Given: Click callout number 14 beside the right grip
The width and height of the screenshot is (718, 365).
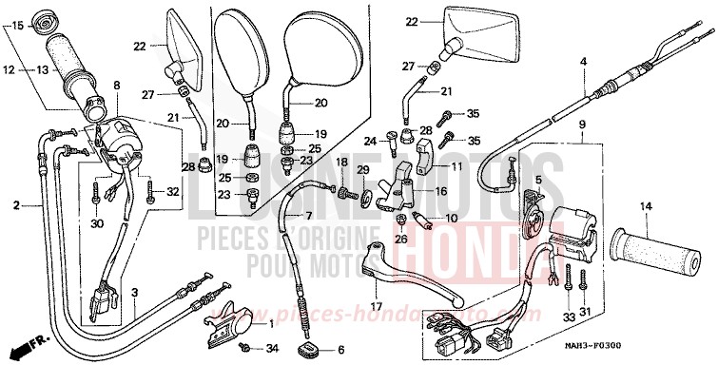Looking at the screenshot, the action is point(645,206).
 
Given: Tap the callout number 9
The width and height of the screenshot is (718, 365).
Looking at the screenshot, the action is point(582,125).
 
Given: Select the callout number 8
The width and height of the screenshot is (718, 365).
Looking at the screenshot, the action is point(117,86).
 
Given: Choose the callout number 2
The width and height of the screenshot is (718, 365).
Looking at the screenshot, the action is point(15,204).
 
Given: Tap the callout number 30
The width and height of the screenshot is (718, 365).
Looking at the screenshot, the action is point(96,224).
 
